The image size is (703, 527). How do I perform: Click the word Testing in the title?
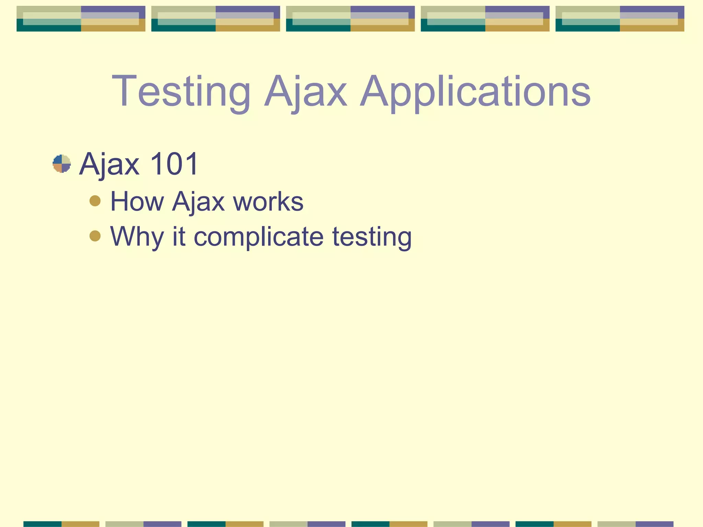pos(181,92)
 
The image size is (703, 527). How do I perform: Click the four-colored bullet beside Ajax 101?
pos(62,164)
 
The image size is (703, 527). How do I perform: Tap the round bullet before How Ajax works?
pos(95,201)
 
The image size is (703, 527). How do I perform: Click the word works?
pos(268,201)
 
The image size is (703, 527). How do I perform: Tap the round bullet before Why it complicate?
pos(95,236)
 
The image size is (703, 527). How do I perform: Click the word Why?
pos(137,237)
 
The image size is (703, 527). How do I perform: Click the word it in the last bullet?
pos(179,236)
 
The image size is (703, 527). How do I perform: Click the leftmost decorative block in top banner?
pos(81,19)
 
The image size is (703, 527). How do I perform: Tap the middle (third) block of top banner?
pos(350,19)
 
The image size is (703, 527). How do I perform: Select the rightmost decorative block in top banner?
pos(620,19)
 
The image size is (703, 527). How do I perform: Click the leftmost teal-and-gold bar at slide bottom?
pos(61,524)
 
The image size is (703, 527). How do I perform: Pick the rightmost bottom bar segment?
pos(635,524)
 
